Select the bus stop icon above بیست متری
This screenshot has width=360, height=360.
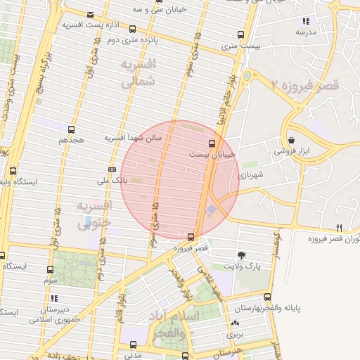click(240, 34)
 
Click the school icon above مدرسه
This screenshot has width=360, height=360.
click(305, 21)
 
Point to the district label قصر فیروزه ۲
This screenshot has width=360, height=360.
click(304, 84)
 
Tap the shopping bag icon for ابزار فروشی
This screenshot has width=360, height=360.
click(291, 140)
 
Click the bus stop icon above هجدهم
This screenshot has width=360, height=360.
click(71, 129)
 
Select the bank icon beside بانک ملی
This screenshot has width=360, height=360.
click(112, 169)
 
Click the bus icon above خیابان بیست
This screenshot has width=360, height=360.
click(212, 143)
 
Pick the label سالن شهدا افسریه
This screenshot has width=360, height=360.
click(134, 138)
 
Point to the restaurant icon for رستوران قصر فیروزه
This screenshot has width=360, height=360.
click(340, 228)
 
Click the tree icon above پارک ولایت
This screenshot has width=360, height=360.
click(241, 255)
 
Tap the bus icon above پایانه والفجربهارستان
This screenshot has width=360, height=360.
click(268, 297)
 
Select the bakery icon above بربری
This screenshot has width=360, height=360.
click(234, 323)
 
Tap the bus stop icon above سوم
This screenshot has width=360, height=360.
click(50, 269)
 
